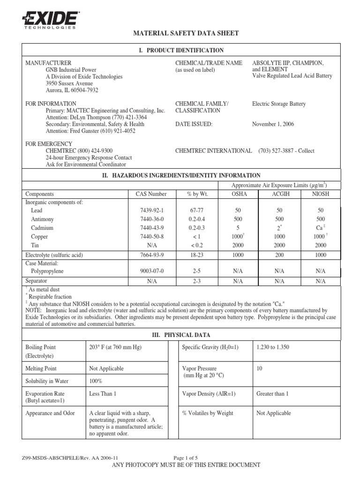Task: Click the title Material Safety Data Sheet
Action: click(187, 33)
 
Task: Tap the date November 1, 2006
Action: click(273, 124)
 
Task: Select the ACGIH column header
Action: click(279, 194)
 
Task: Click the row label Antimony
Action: click(42, 219)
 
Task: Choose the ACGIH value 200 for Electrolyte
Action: click(279, 255)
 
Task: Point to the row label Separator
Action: click(36, 281)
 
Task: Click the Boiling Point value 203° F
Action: click(115, 347)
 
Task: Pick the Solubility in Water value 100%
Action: click(96, 381)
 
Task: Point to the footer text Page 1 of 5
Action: click(186, 457)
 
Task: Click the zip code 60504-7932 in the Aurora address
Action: click(82, 90)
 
